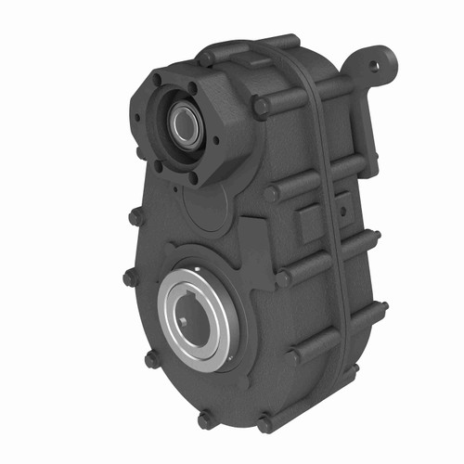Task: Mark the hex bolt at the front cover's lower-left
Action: (150, 359)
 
